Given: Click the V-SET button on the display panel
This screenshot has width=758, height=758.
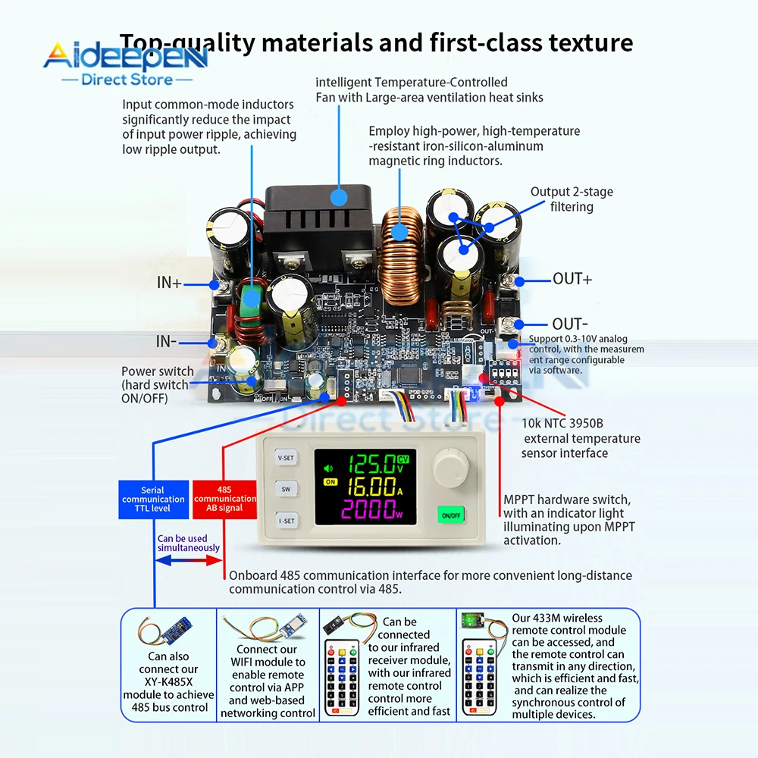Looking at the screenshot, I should (286, 458).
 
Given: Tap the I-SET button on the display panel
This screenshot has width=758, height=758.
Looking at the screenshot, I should (286, 521).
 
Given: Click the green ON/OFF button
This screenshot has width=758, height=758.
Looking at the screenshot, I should (450, 515).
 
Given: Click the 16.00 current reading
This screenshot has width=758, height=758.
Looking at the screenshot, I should (370, 487).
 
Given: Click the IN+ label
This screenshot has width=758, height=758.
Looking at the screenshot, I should (169, 283).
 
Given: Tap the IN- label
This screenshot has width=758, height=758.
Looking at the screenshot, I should (167, 342).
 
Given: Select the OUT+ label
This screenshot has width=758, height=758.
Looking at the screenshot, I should (572, 279).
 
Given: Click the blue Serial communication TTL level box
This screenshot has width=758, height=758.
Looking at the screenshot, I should (152, 499).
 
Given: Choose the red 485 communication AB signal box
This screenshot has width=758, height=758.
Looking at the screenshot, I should (225, 499).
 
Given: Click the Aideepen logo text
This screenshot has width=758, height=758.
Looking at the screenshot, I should (125, 56).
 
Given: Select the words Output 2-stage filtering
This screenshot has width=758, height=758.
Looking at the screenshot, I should (572, 199).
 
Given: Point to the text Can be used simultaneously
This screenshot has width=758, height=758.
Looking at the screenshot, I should (188, 543).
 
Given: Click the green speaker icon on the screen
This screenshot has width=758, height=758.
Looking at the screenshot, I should (328, 468).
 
